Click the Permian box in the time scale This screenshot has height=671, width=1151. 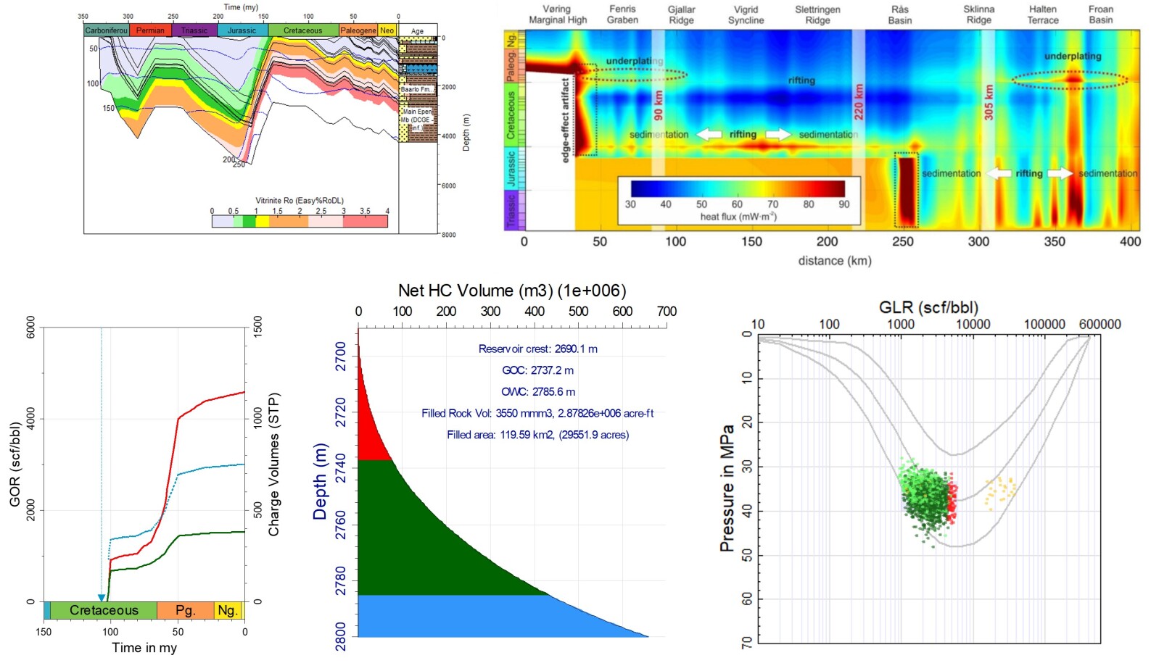click(x=150, y=30)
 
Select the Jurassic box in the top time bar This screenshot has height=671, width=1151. click(x=242, y=30)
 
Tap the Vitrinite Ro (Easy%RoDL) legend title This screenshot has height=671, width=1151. click(x=299, y=201)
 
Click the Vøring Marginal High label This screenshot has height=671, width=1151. click(x=557, y=14)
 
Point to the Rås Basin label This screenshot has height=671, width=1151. click(x=899, y=14)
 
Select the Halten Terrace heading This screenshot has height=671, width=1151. click(x=1042, y=14)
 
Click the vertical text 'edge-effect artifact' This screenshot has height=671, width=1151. click(x=566, y=120)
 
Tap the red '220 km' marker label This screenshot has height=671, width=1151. click(x=859, y=101)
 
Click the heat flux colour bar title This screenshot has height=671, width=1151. click(x=738, y=217)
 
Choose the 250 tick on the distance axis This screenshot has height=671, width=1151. click(x=902, y=241)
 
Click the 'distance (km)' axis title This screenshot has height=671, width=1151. click(x=834, y=261)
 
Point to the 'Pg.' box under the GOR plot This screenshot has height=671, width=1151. click(x=185, y=610)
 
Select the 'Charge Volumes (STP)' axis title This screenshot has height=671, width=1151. click(x=273, y=464)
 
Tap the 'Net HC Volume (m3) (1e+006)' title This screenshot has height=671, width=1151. click(x=511, y=291)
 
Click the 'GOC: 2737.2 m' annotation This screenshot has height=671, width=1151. click(x=537, y=370)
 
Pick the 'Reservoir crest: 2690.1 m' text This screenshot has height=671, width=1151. click(x=537, y=349)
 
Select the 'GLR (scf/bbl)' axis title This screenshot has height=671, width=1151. click(x=928, y=307)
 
